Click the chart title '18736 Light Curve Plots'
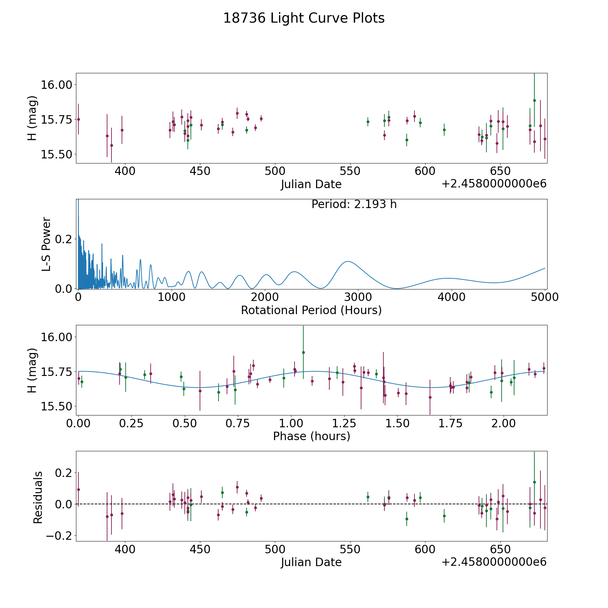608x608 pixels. pyautogui.click(x=304, y=18)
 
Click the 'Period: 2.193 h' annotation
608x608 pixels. pyautogui.click(x=354, y=204)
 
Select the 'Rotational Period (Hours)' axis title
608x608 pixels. pyautogui.click(x=311, y=310)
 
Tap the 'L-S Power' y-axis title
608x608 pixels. pyautogui.click(x=46, y=244)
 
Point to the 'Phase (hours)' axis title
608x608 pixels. pyautogui.click(x=311, y=436)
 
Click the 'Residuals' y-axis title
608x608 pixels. pyautogui.click(x=38, y=497)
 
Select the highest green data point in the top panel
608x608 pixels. pyautogui.click(x=534, y=100)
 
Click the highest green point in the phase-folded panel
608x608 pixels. pyautogui.click(x=303, y=352)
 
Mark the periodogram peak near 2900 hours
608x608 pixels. pyautogui.click(x=347, y=261)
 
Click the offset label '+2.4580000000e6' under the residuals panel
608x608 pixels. pyautogui.click(x=494, y=562)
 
